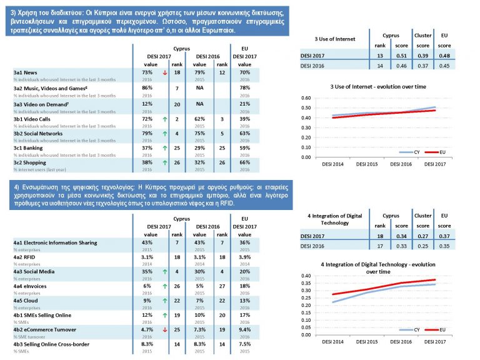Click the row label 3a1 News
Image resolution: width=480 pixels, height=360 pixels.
(26, 72)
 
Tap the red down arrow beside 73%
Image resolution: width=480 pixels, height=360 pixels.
(164, 72)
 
